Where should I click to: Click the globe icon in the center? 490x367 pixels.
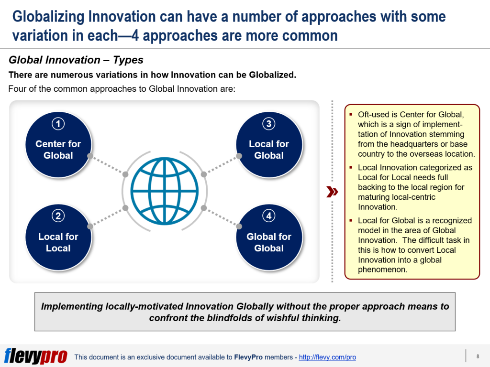(164, 191)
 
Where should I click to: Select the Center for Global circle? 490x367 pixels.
(58, 144)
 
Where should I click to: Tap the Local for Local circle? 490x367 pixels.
(58, 237)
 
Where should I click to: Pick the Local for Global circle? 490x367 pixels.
(269, 144)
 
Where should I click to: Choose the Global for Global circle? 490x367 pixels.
(269, 237)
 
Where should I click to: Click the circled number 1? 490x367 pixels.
(58, 124)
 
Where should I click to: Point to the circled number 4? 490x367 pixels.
(269, 216)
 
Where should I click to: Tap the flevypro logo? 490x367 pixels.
(36, 356)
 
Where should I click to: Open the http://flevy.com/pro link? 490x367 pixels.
(327, 357)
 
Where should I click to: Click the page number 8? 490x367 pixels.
(478, 356)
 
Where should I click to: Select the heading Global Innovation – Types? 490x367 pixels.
(76, 60)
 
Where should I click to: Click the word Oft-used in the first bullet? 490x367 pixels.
(373, 115)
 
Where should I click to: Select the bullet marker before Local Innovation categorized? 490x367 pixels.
(351, 168)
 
